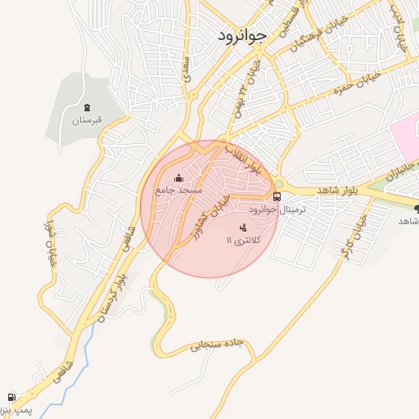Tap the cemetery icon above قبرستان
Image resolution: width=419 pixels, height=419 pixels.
(87, 107)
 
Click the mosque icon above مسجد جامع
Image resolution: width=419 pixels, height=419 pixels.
(179, 178)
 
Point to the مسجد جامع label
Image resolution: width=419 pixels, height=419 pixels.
(179, 190)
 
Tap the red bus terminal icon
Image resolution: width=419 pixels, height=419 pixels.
(277, 196)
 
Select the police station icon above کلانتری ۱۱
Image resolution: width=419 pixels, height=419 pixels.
(242, 228)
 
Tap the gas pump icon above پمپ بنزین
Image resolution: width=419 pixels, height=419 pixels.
(11, 396)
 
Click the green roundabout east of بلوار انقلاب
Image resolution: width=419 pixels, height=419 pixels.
(279, 183)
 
